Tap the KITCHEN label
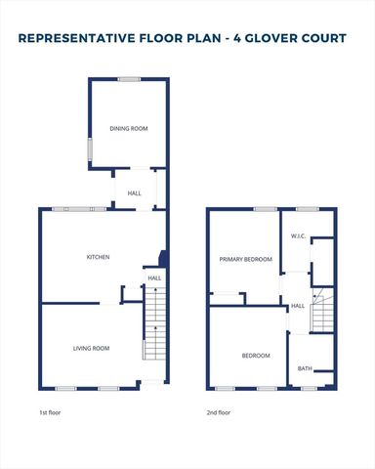98,257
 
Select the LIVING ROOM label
91,348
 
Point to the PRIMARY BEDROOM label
244,259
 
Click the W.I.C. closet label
299,237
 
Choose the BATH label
305,368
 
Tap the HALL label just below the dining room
134,193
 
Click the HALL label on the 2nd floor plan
298,306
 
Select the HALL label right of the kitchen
154,278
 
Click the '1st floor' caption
48,413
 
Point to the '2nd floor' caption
219,413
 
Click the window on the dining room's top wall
128,79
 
